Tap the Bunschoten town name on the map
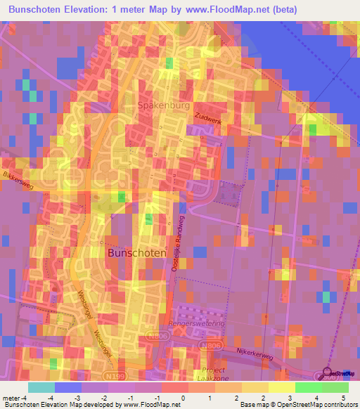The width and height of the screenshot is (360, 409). [136, 252]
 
